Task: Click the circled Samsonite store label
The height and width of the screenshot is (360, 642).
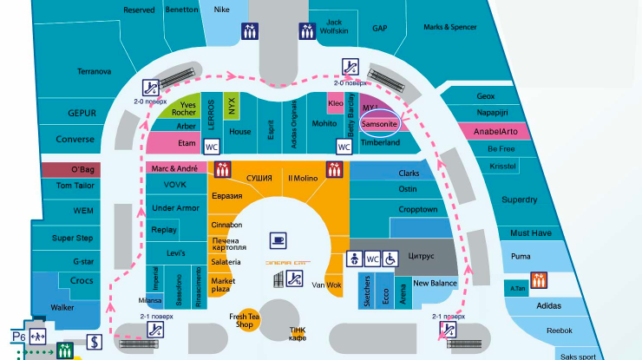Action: (378, 124)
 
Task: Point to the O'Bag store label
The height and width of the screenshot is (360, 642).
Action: (82, 169)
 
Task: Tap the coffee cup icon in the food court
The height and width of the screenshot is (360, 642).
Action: (278, 239)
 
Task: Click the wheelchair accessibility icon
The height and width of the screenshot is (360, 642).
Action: (390, 259)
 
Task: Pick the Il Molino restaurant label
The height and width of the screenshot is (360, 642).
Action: (303, 178)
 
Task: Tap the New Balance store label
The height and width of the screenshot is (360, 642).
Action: (435, 283)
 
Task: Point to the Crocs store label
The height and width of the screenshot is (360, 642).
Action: (81, 280)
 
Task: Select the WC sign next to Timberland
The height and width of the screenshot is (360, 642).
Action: (344, 147)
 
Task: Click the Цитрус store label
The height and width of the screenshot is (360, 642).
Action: (421, 257)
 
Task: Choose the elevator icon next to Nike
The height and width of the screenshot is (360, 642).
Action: (250, 29)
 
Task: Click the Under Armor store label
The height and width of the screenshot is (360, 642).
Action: (175, 208)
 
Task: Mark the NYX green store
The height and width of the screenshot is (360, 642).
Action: (232, 106)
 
